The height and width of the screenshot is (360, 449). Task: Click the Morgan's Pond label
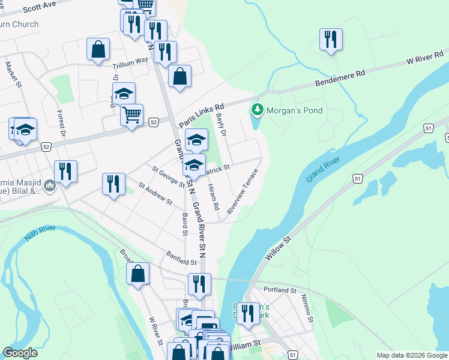[x=295, y=110]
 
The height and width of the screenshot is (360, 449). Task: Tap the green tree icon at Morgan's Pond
[x=258, y=110]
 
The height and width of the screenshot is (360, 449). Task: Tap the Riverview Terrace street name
[x=243, y=191]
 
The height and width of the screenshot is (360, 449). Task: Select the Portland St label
[x=280, y=290]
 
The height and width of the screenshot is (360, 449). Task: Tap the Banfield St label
[x=182, y=262]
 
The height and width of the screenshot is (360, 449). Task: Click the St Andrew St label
[x=155, y=194]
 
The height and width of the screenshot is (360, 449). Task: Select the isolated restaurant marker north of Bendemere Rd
[x=331, y=40]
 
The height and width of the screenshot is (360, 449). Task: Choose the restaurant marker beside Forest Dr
[x=65, y=172]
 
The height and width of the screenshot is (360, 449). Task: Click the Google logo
[x=20, y=353]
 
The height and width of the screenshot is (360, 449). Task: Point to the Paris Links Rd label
[x=201, y=109]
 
